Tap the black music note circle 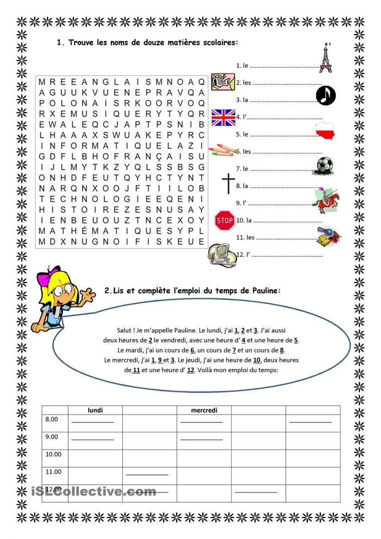326,95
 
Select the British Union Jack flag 223,117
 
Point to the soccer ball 327,165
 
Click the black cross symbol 229,184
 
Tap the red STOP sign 225,220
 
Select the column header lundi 95,410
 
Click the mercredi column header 204,410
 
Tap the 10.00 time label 53,454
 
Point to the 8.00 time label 52,419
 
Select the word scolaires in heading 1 219,43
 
